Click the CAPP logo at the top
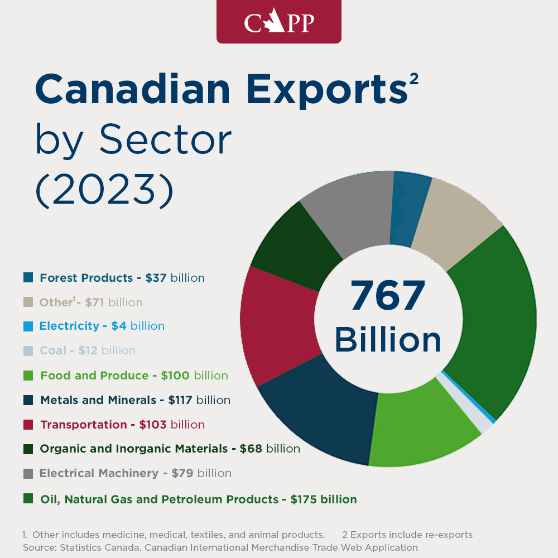(x=279, y=22)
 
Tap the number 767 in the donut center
(x=388, y=295)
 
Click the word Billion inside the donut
(x=388, y=339)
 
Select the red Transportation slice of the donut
(x=280, y=326)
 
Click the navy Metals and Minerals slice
(x=320, y=413)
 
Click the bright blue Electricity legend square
(x=28, y=326)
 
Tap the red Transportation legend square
(x=28, y=425)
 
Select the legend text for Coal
(x=88, y=350)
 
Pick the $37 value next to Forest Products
(x=156, y=277)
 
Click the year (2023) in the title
(x=105, y=190)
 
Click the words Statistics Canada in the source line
(x=100, y=547)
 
